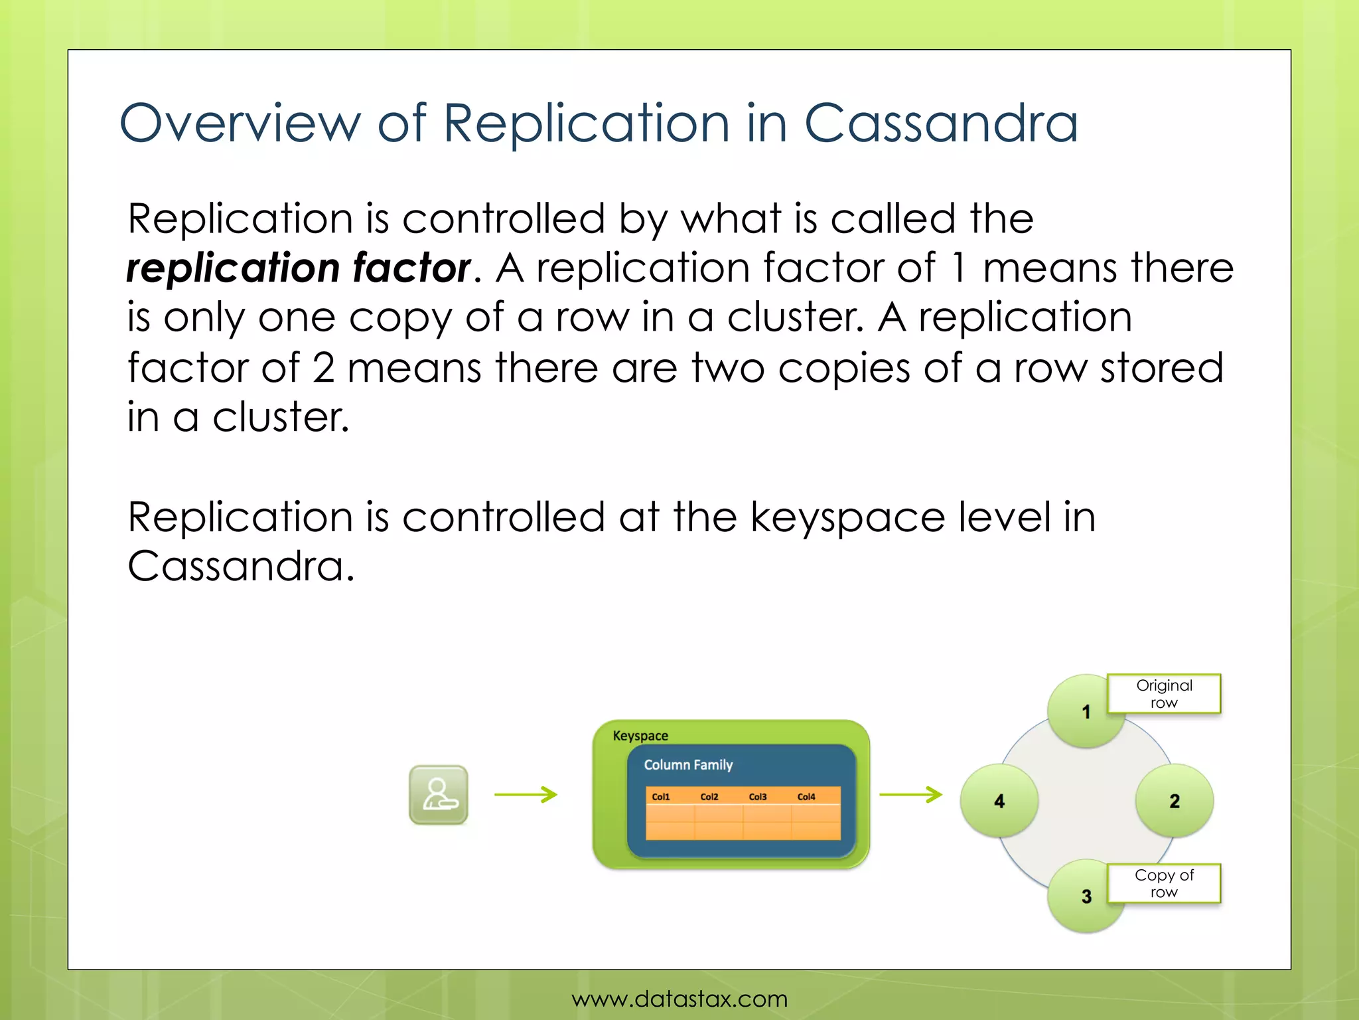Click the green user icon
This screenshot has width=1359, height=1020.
pos(438,795)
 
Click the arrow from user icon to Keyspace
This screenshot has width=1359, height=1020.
pos(526,794)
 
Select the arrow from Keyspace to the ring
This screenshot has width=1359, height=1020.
pos(910,794)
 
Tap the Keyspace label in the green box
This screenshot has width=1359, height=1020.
pos(640,736)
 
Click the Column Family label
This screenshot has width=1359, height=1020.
pos(688,765)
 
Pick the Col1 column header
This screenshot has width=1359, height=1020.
pos(661,797)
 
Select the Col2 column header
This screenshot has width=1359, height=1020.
pos(709,797)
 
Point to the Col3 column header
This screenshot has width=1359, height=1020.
pos(758,797)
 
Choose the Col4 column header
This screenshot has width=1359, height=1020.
pos(806,797)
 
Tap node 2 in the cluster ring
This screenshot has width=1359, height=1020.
pos(1175,801)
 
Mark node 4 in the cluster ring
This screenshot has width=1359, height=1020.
pos(999,801)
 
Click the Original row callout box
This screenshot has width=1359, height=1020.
pos(1164,694)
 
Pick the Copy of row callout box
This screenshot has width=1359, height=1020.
pos(1164,883)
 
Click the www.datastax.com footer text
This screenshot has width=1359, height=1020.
pos(679,999)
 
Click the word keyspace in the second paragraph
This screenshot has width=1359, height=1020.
pos(847,518)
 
